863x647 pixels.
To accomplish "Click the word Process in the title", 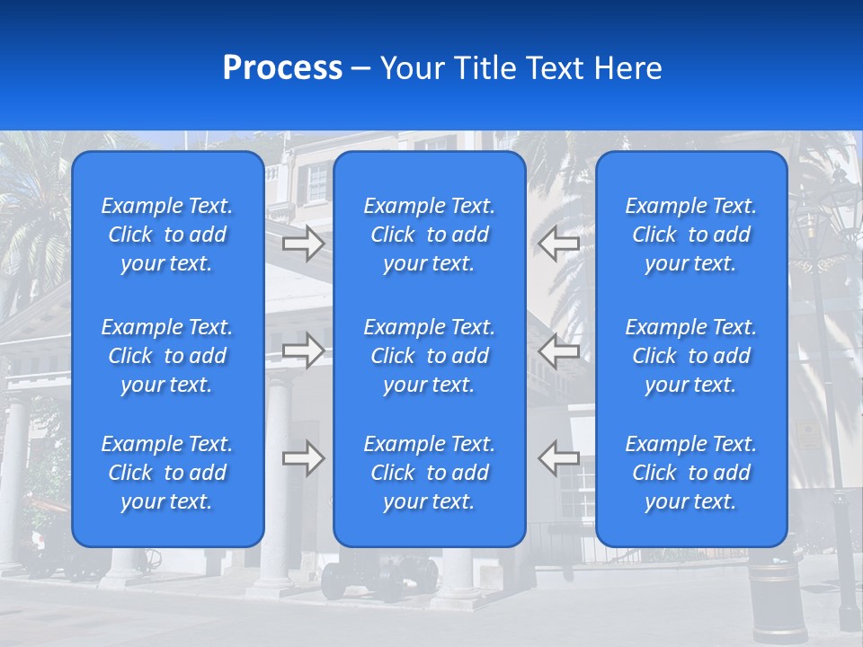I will coord(282,68).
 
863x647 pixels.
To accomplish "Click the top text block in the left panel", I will coord(167,235).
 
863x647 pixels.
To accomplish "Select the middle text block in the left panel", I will coord(167,356).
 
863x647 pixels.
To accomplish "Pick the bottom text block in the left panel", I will coord(167,473).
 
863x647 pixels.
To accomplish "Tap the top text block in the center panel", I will coord(430,235).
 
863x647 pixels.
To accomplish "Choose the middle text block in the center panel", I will coord(430,356).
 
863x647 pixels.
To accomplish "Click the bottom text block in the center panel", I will coord(430,473).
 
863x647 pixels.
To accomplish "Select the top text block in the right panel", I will coord(691,235).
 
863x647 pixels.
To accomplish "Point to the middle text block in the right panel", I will coord(691,356).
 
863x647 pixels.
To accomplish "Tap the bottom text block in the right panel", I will coord(691,473).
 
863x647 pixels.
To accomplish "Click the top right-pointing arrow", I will coord(304,244).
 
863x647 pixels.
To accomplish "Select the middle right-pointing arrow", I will coord(304,350).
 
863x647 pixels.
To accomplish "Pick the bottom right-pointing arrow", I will coord(304,458).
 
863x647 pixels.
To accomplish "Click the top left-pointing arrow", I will coord(559,244).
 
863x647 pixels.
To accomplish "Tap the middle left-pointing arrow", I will coord(559,350).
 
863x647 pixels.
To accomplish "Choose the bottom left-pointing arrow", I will coord(559,458).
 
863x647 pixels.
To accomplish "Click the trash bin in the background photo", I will coord(778,598).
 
